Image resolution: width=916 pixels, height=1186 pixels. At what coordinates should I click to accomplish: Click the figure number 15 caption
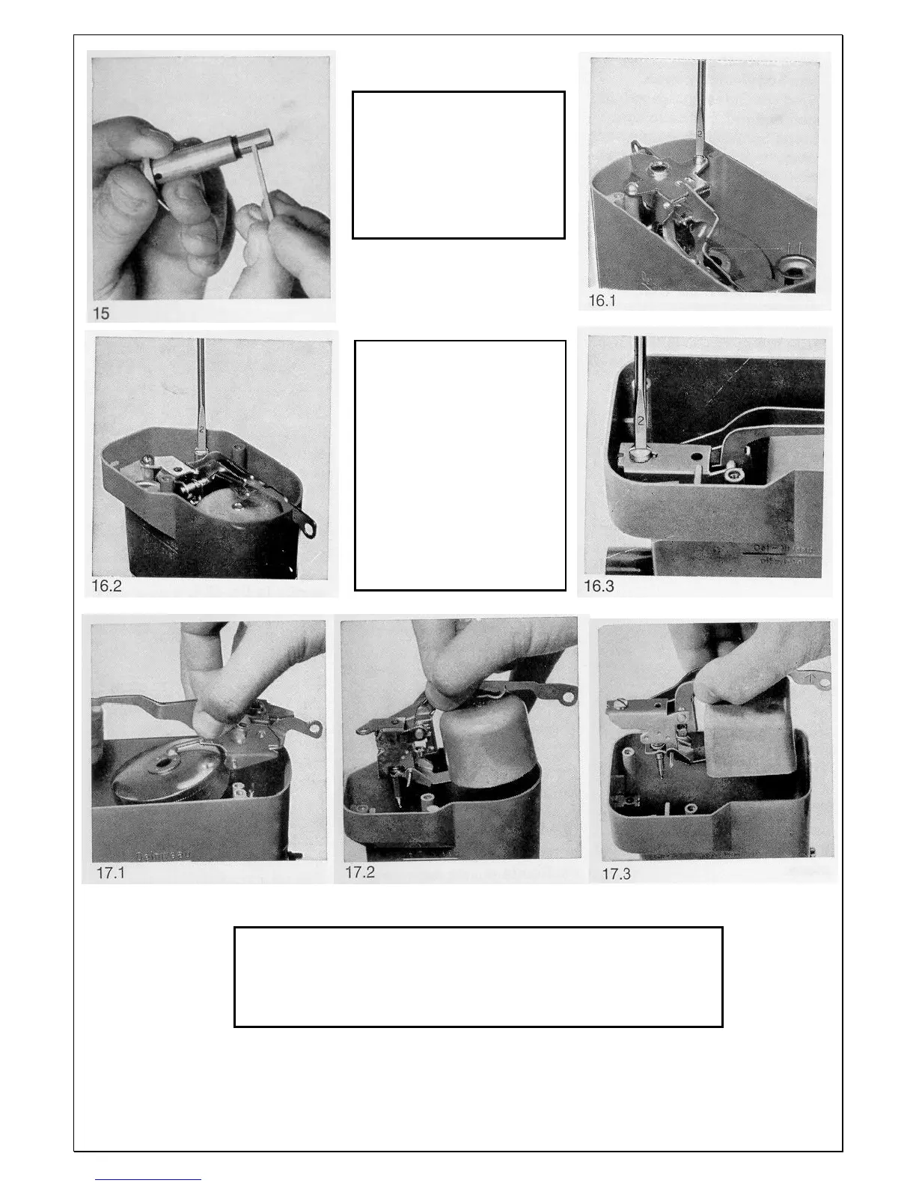pyautogui.click(x=101, y=314)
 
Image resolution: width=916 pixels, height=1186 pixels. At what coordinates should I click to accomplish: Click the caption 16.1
pyautogui.click(x=602, y=301)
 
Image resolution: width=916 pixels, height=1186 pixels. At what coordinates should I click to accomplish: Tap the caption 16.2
pyautogui.click(x=106, y=586)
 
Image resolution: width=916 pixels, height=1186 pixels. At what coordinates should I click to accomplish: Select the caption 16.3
pyautogui.click(x=599, y=586)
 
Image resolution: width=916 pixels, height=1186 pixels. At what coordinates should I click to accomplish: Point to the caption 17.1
pyautogui.click(x=111, y=873)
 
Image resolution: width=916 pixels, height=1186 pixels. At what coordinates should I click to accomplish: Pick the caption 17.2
pyautogui.click(x=360, y=872)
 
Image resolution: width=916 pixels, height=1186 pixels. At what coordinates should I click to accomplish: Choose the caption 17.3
pyautogui.click(x=616, y=874)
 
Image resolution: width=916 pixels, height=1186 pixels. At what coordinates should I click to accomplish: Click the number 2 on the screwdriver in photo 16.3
pyautogui.click(x=641, y=421)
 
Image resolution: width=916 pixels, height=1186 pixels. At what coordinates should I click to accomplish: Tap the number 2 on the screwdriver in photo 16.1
pyautogui.click(x=700, y=132)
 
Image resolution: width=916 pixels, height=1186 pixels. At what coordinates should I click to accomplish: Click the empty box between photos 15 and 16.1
pyautogui.click(x=458, y=165)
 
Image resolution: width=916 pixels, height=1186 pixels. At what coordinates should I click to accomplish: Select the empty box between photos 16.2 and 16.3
pyautogui.click(x=460, y=465)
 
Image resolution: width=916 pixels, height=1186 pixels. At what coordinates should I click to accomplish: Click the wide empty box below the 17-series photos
pyautogui.click(x=478, y=976)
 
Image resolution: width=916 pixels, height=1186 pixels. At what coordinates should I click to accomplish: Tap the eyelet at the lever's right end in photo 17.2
pyautogui.click(x=568, y=697)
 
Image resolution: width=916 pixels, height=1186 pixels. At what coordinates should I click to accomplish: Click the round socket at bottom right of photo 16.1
pyautogui.click(x=791, y=267)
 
